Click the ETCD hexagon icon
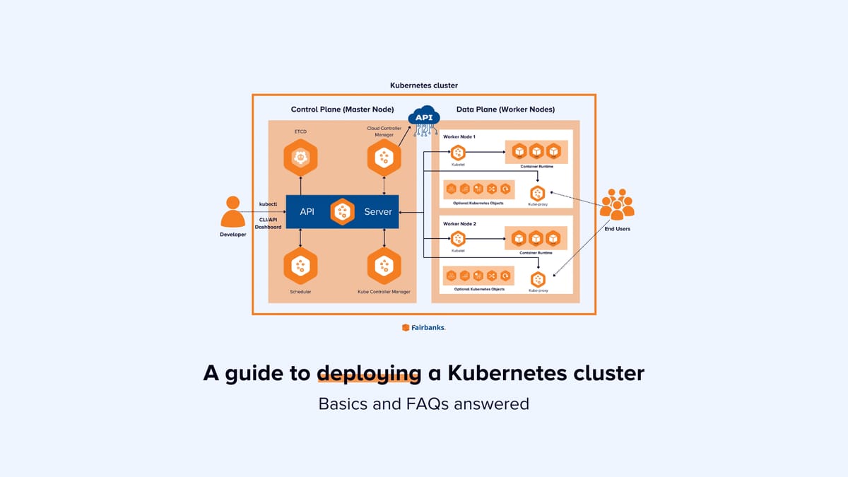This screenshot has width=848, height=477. click(300, 158)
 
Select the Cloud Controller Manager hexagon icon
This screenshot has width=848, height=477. click(384, 158)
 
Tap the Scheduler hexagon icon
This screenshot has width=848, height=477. click(300, 266)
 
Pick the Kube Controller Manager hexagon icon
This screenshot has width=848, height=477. click(384, 266)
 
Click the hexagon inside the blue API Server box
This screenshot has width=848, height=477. click(343, 211)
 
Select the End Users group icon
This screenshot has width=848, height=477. click(617, 204)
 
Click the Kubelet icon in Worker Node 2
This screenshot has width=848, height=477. click(458, 239)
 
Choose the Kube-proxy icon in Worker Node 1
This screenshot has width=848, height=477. click(538, 193)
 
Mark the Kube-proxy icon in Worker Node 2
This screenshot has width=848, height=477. click(538, 279)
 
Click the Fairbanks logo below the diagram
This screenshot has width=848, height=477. click(424, 327)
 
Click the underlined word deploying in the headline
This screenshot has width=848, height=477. click(369, 373)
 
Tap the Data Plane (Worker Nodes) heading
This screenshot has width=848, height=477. click(505, 110)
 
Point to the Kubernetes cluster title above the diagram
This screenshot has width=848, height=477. click(424, 86)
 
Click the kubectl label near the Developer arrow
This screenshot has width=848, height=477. click(269, 204)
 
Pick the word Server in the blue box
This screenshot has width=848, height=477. click(378, 212)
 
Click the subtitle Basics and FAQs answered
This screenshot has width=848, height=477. click(424, 404)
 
